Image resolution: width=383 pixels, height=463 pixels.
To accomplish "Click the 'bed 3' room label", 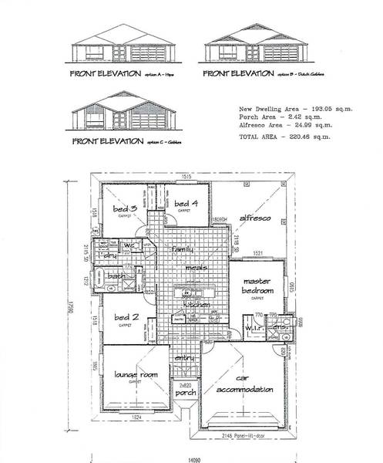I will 125,209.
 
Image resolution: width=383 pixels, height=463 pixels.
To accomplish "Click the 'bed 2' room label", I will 125,318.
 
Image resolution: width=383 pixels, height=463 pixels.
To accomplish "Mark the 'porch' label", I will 186,393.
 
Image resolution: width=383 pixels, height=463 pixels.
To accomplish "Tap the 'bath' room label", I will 118,275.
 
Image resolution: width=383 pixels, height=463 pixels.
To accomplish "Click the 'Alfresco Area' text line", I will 284,127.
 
